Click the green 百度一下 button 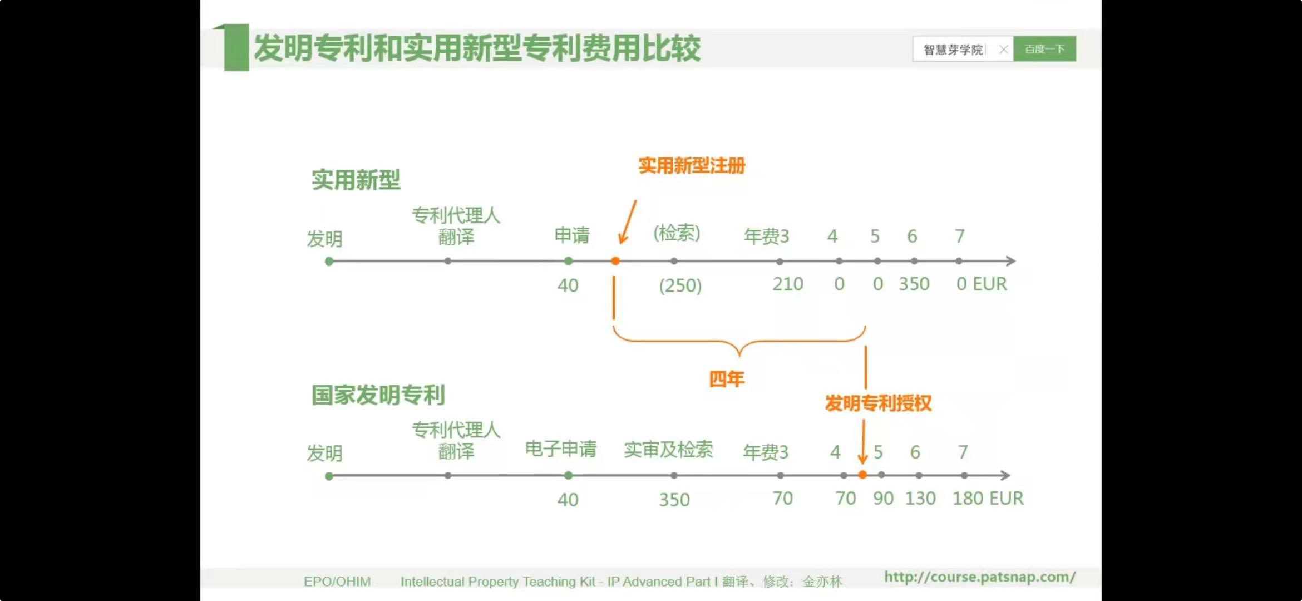click(1044, 49)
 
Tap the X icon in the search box click(1003, 50)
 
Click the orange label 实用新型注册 click(692, 165)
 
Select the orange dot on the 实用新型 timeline click(615, 261)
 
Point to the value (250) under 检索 click(680, 285)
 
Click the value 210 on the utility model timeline click(787, 284)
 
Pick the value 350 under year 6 click(914, 284)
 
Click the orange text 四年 click(727, 379)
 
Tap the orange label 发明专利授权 click(878, 403)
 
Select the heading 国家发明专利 click(378, 395)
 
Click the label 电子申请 click(561, 449)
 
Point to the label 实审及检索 click(668, 450)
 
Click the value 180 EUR click(988, 498)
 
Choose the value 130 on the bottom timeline click(920, 498)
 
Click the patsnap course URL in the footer click(980, 577)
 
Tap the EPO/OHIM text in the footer click(337, 582)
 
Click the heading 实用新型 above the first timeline click(356, 180)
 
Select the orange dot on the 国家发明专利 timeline click(862, 475)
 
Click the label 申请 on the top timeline click(572, 235)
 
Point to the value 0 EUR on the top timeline click(982, 284)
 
